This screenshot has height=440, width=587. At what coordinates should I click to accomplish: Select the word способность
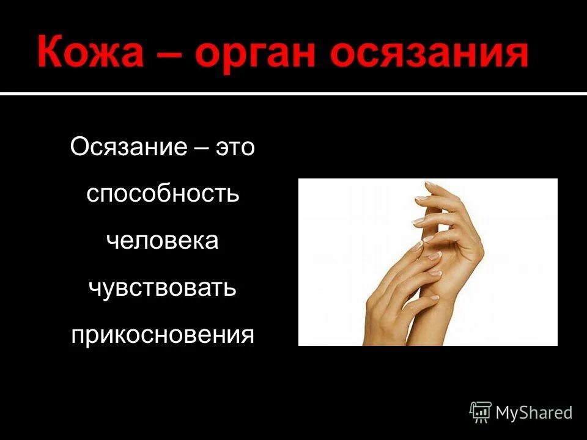[162, 194]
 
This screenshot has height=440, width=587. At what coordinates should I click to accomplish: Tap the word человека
[162, 240]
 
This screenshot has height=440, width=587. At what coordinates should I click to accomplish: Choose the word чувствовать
[162, 287]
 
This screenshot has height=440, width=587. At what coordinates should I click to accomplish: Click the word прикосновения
[162, 334]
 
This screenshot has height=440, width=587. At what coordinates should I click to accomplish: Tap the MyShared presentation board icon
[481, 412]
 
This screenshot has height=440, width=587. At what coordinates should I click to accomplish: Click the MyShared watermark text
[534, 413]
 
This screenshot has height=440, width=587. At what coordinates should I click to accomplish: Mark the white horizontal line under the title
[293, 94]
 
